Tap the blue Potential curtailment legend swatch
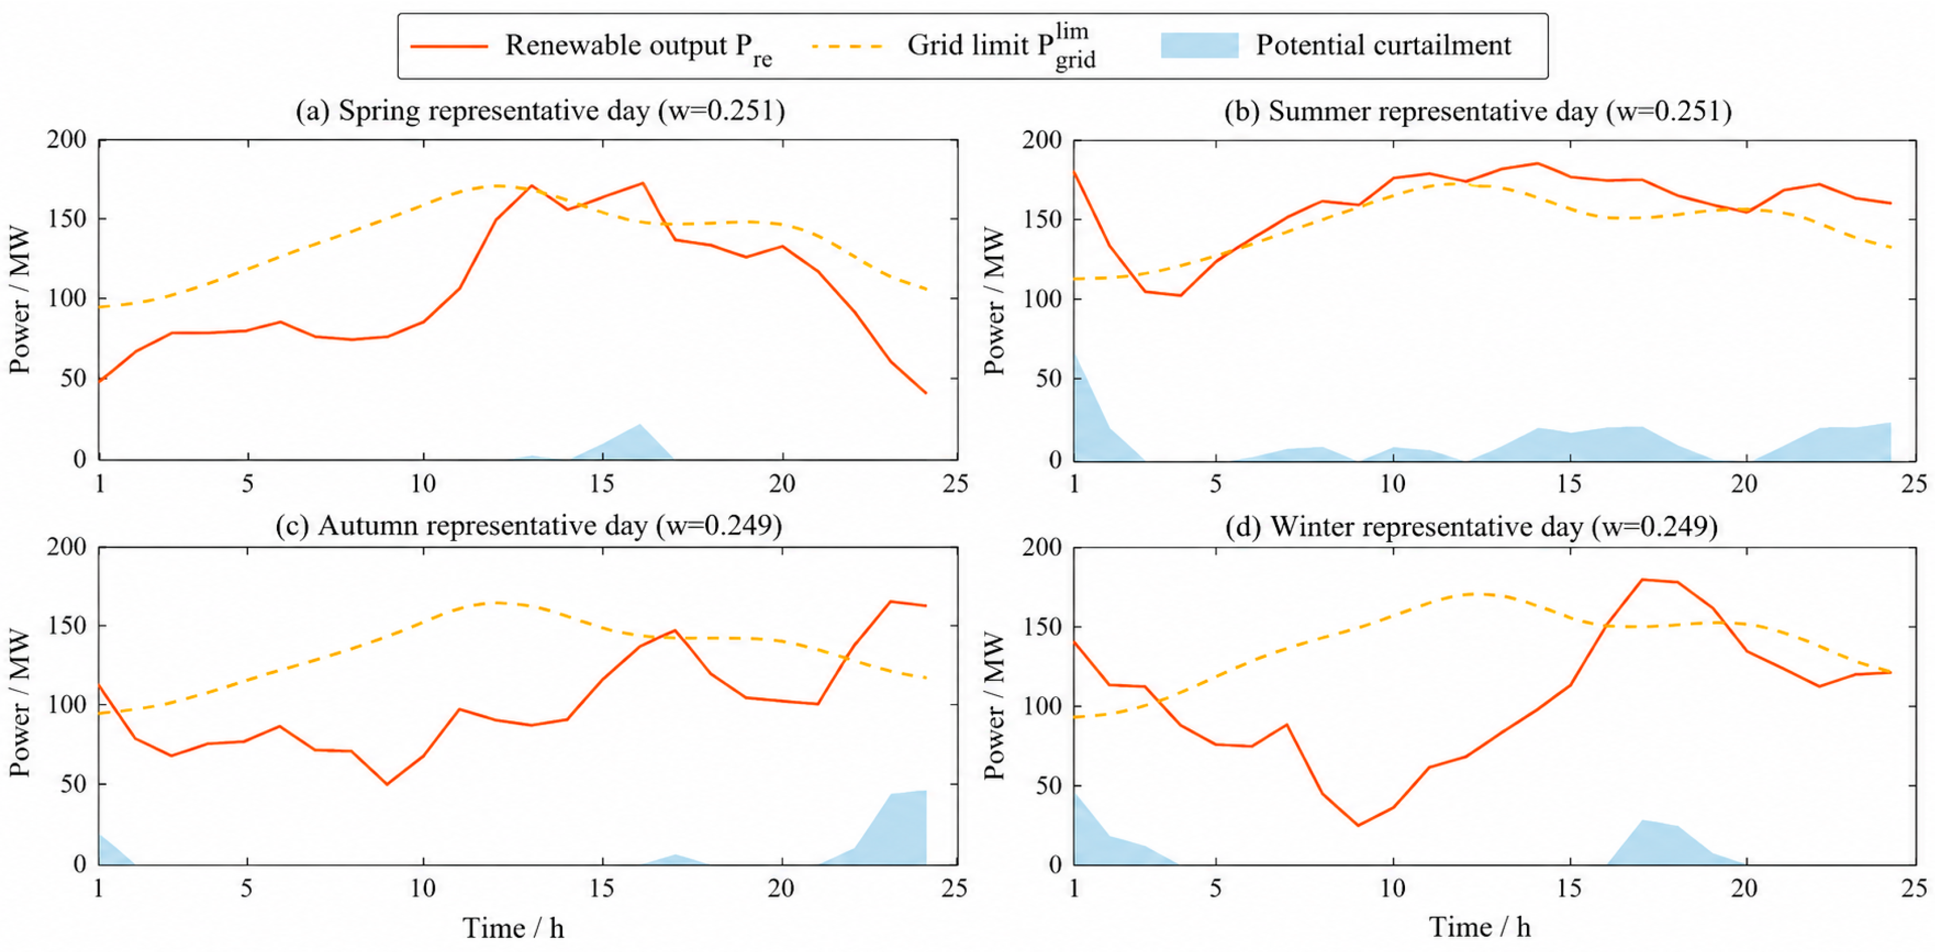(x=1199, y=46)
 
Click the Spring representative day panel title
(x=540, y=111)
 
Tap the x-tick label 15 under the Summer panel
(x=1568, y=484)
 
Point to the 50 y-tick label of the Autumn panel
(x=73, y=785)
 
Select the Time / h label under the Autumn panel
(x=513, y=928)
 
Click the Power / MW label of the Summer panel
(x=994, y=301)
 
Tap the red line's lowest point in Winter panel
(x=1358, y=825)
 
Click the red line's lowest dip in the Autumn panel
(x=387, y=785)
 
